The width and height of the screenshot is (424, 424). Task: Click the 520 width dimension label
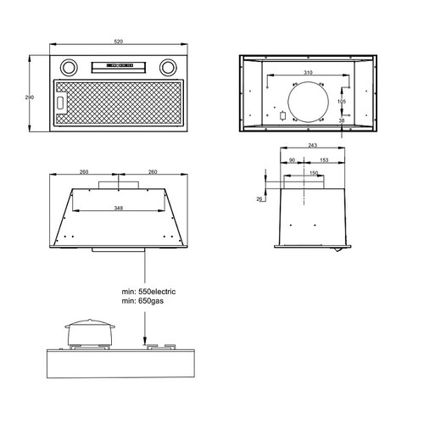point(119,42)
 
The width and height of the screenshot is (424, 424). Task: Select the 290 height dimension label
point(30,98)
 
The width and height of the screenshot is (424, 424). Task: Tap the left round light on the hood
point(69,67)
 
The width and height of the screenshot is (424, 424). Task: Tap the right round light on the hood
point(168,67)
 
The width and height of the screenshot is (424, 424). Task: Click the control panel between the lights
point(119,67)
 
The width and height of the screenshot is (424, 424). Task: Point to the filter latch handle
point(60,102)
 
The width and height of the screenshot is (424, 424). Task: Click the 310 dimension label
point(308,73)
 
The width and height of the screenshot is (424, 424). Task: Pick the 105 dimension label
point(342,101)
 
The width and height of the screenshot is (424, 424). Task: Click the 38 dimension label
point(342,120)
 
